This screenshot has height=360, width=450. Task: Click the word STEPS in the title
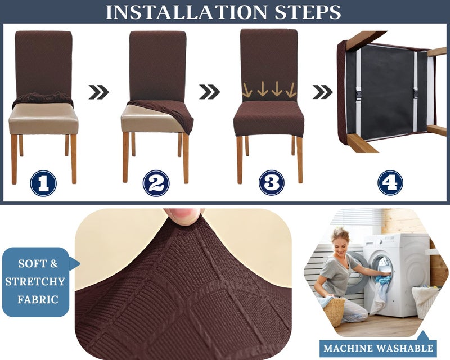[x=308, y=12]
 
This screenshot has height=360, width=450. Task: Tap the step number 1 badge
[x=43, y=183]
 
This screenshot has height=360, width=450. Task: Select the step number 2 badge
[x=156, y=183]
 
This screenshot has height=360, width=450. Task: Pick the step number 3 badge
[x=272, y=183]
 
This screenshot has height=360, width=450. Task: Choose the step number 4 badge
[x=390, y=183]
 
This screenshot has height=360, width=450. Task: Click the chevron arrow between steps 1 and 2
[x=99, y=92]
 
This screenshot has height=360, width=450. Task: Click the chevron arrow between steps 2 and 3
[x=209, y=92]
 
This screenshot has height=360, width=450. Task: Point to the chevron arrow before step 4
[x=322, y=92]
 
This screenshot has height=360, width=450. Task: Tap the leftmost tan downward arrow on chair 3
[x=247, y=90]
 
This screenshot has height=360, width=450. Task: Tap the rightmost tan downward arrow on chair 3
[x=291, y=90]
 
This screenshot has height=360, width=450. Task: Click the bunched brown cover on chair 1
[x=43, y=98]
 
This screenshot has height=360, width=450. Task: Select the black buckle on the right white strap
[x=416, y=94]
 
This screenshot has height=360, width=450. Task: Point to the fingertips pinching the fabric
[x=184, y=216]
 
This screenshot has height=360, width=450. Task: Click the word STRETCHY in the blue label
[x=35, y=282]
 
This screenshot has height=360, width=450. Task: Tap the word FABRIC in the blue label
[x=38, y=299]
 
